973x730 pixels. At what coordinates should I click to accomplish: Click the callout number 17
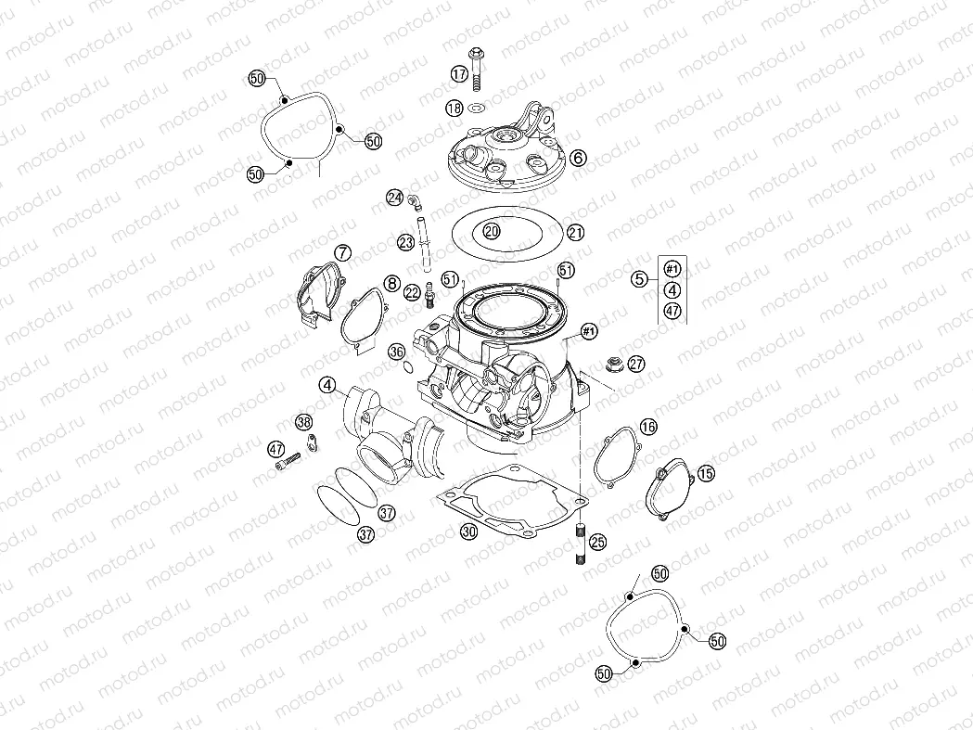click(459, 73)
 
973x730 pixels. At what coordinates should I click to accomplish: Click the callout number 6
click(578, 159)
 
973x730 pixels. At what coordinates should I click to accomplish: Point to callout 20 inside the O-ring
click(492, 230)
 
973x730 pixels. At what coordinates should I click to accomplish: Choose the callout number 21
click(576, 232)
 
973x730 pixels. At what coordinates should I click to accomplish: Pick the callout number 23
click(405, 243)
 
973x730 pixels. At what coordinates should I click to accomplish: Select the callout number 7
click(343, 252)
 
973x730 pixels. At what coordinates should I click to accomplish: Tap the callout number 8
click(392, 283)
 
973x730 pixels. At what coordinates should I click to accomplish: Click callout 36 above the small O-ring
click(396, 352)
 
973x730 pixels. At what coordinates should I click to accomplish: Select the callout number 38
click(304, 422)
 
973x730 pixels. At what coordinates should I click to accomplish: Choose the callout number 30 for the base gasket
click(469, 531)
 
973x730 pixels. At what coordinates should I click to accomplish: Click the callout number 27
click(635, 364)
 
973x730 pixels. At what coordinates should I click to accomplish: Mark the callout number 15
click(706, 473)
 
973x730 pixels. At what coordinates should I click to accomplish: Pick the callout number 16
click(647, 426)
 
